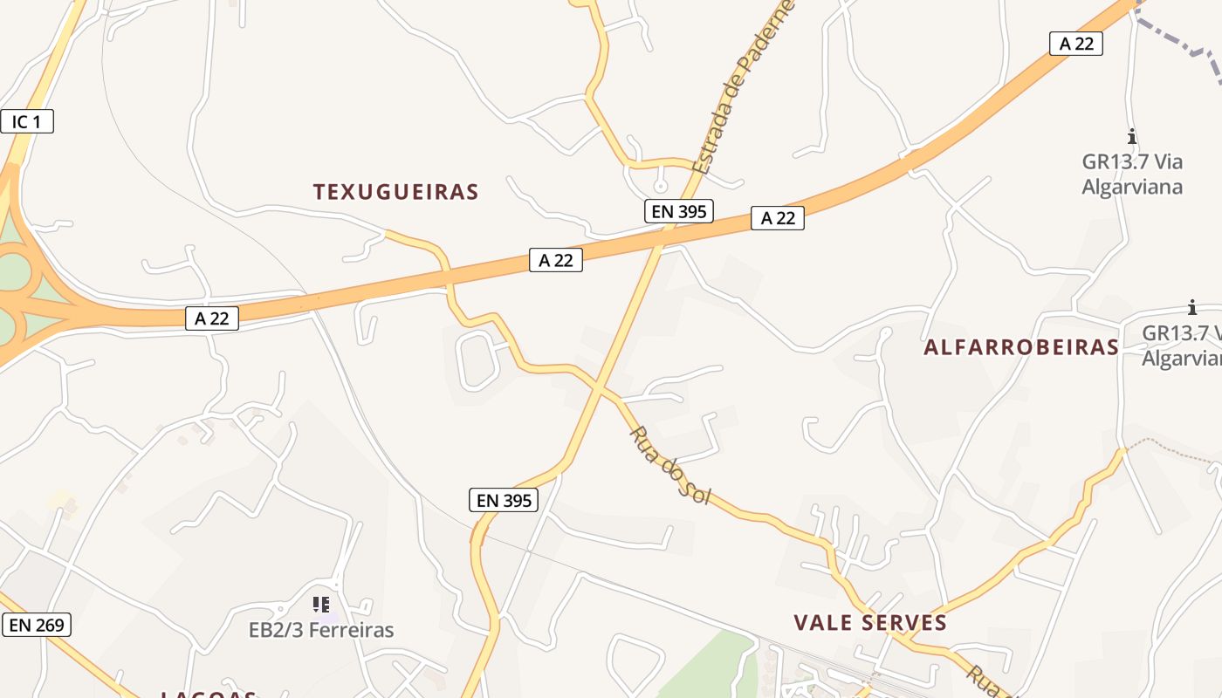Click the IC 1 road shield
tap(27, 121)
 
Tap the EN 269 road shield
tap(36, 625)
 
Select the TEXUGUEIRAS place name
tap(396, 192)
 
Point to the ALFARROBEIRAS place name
tap(1021, 347)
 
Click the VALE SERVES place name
tap(870, 622)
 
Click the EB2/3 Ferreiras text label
tap(321, 630)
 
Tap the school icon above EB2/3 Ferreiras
tap(320, 604)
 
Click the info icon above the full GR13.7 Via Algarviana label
tap(1132, 137)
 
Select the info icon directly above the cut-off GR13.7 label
tap(1192, 307)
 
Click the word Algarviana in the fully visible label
tap(1132, 187)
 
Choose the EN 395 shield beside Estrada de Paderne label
tap(679, 210)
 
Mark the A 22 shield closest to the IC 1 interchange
tap(212, 318)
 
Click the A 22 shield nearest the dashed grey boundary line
tap(1075, 44)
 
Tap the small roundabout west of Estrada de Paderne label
tap(661, 186)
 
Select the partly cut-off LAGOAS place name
tap(209, 695)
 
